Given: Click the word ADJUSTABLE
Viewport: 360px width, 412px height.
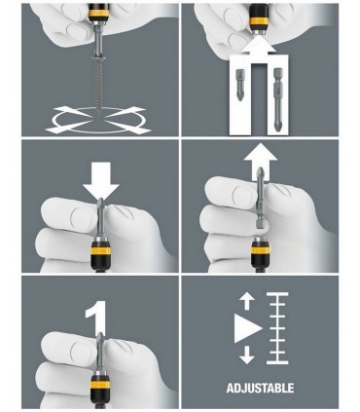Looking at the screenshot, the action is click(260, 388).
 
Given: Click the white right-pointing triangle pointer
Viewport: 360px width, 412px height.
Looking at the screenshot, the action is click(247, 328).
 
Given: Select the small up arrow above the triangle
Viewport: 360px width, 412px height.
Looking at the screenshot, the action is click(247, 300).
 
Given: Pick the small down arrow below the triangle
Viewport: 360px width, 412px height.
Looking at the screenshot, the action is click(247, 355).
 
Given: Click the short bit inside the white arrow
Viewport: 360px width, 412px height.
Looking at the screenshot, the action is click(240, 85).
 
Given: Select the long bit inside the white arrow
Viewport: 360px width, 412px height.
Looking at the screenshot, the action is click(278, 99).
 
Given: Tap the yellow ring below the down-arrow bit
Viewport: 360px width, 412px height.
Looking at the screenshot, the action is click(100, 250).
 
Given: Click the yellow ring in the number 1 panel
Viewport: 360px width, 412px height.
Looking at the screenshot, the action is click(100, 385).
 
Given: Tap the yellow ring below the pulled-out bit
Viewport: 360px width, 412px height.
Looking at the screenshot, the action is click(261, 250).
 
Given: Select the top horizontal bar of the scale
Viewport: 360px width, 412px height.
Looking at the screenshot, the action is click(277, 294).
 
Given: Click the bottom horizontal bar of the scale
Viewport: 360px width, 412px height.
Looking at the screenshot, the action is click(277, 361).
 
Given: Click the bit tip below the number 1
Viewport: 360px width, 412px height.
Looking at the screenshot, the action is click(100, 338).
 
